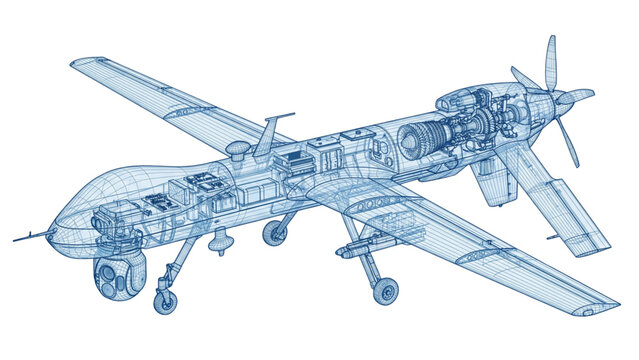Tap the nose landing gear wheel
(x=165, y=299)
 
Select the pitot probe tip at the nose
(x=16, y=240)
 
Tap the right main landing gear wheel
(x=384, y=291)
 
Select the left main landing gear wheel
(x=275, y=233)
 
